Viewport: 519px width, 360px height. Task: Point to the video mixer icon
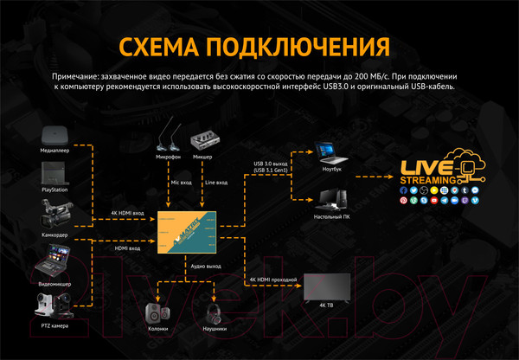[54, 257]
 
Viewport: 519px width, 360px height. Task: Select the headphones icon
[214, 312]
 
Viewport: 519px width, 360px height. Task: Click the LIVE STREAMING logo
[437, 172]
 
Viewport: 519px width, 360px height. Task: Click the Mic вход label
[181, 183]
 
